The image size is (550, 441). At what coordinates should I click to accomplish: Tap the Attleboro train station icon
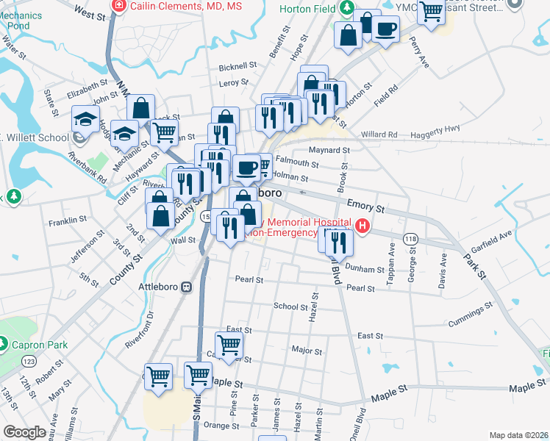coord(187,287)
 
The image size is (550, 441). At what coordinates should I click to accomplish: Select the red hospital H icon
coord(362,227)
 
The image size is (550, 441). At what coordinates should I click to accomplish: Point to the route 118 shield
coord(410,240)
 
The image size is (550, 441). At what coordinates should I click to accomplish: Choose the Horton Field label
coord(308,10)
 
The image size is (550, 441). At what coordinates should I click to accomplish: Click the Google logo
coord(25,432)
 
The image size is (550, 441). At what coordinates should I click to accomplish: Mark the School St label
coord(285,306)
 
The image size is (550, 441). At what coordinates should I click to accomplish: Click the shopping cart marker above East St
coord(229,345)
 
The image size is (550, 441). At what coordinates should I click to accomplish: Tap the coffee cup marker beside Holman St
coord(247,168)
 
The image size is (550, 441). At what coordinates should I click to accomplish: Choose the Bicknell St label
coord(238,66)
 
